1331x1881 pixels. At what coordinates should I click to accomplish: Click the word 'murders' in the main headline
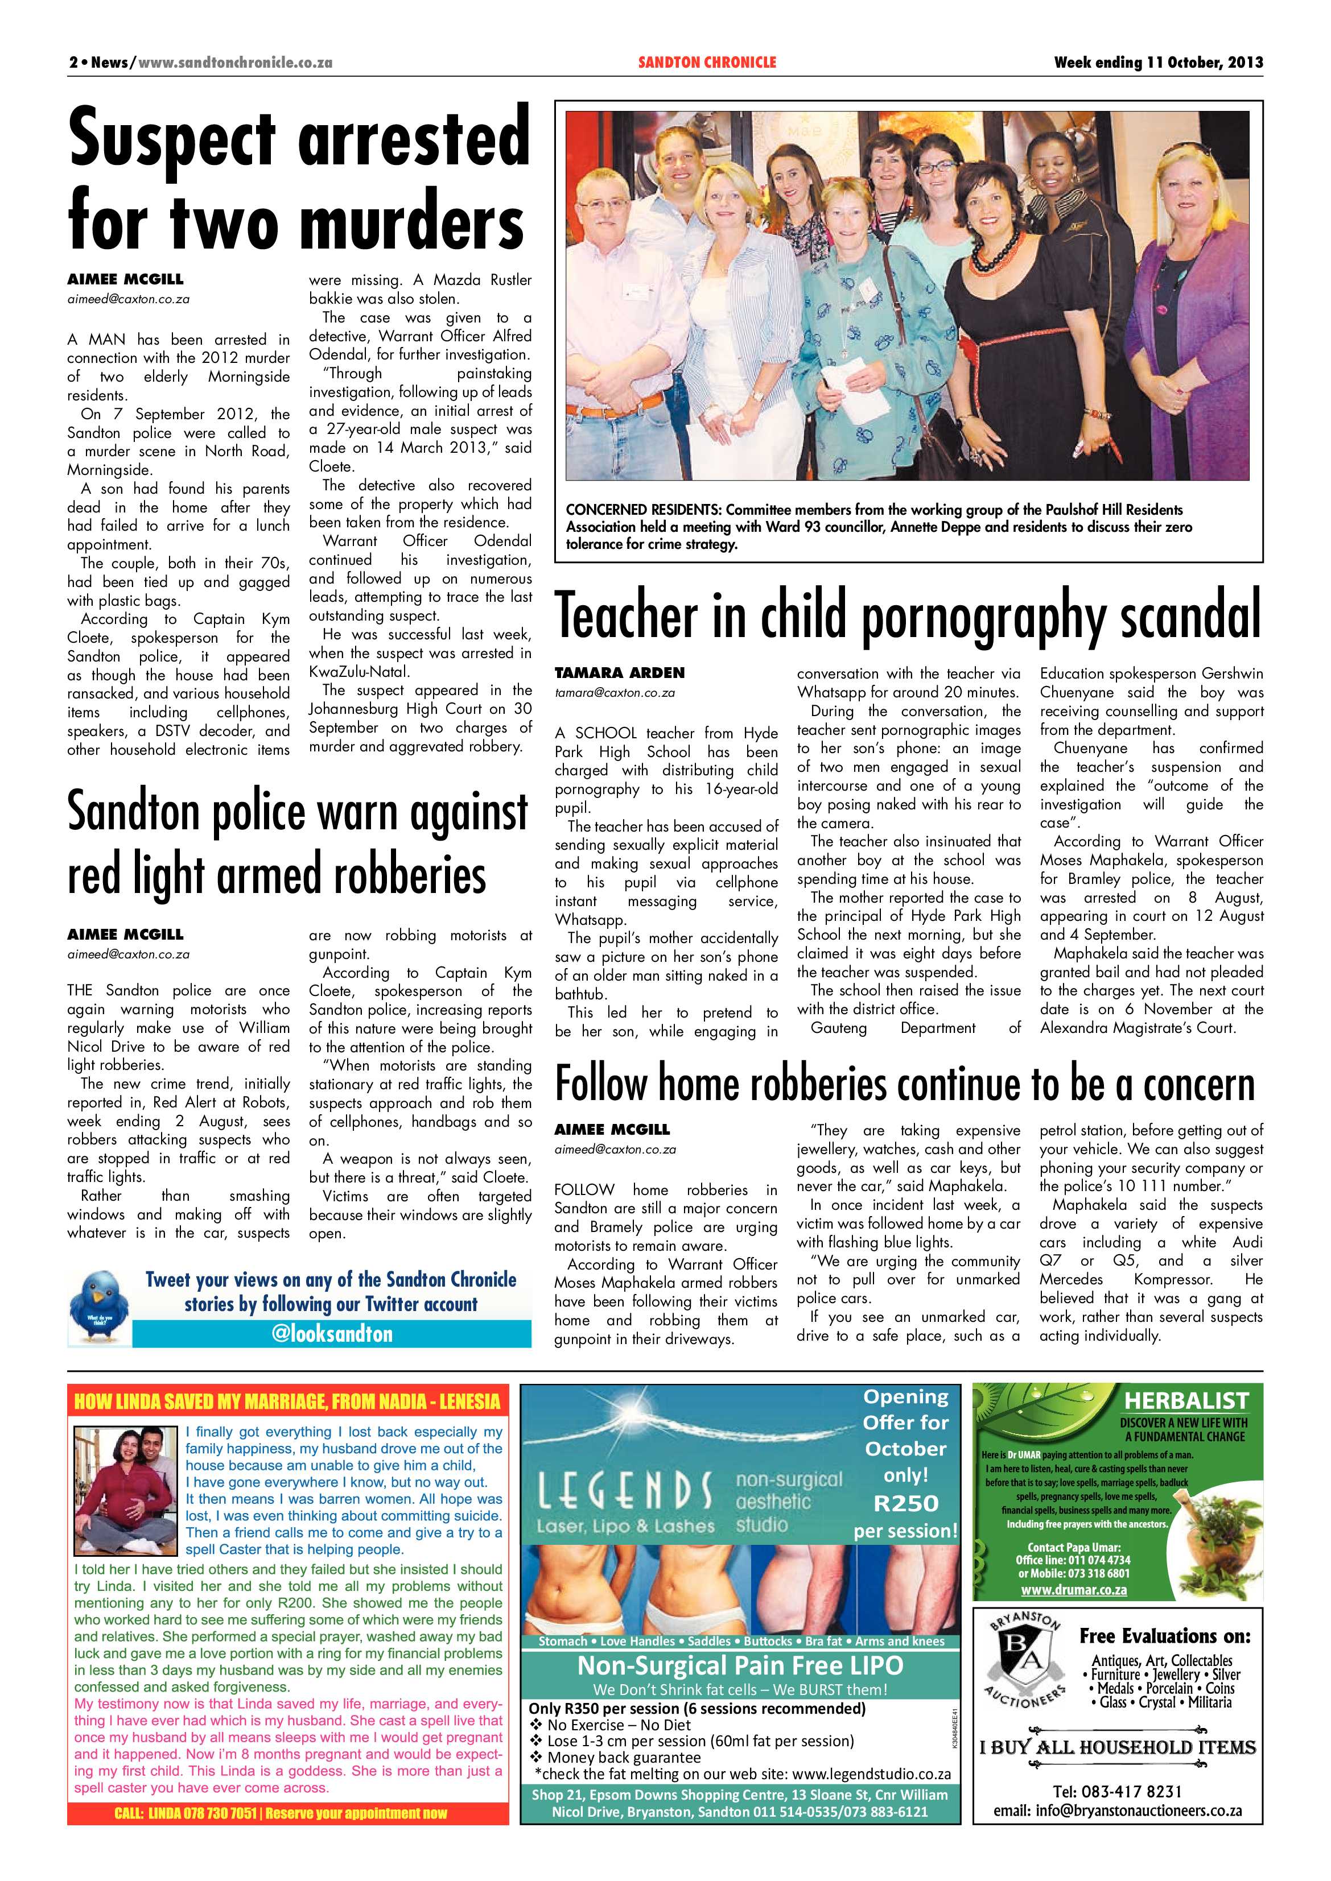coord(412,223)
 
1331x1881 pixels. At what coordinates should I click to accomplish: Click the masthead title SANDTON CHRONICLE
coord(707,62)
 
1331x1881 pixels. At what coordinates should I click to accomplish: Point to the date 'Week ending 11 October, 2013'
coord(1157,62)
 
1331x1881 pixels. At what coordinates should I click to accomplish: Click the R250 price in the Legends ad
coord(905,1503)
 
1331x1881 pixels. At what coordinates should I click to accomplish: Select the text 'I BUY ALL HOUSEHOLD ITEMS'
coord(1117,1747)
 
